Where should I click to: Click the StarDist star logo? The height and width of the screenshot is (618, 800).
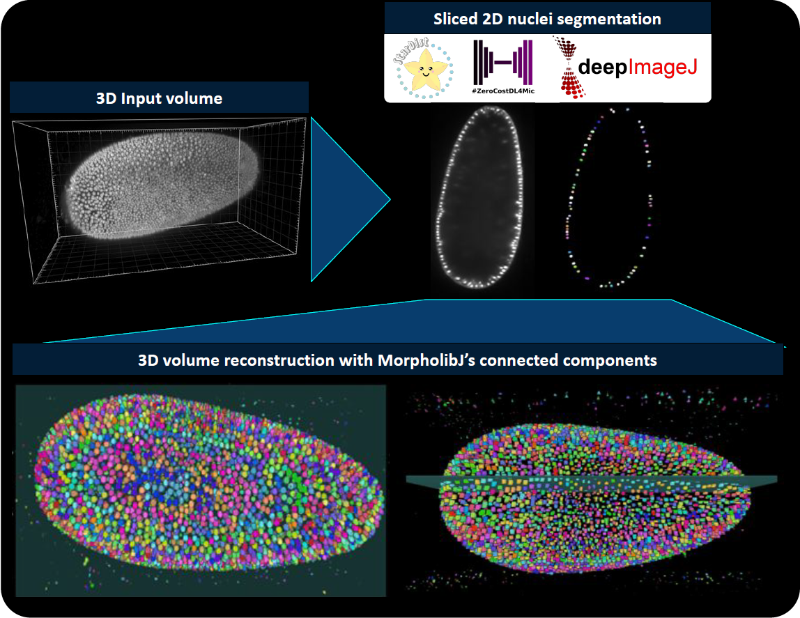coord(424,68)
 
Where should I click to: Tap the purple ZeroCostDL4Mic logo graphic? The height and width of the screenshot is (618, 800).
coord(503,62)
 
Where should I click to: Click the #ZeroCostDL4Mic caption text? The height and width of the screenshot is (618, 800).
coord(503,91)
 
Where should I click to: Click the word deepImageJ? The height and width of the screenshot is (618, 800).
coord(638,67)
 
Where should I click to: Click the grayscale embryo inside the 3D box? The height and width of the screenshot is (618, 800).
coord(163,185)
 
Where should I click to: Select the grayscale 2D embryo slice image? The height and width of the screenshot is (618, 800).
coord(482,197)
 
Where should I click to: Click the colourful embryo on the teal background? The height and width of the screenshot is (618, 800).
coord(209,482)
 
